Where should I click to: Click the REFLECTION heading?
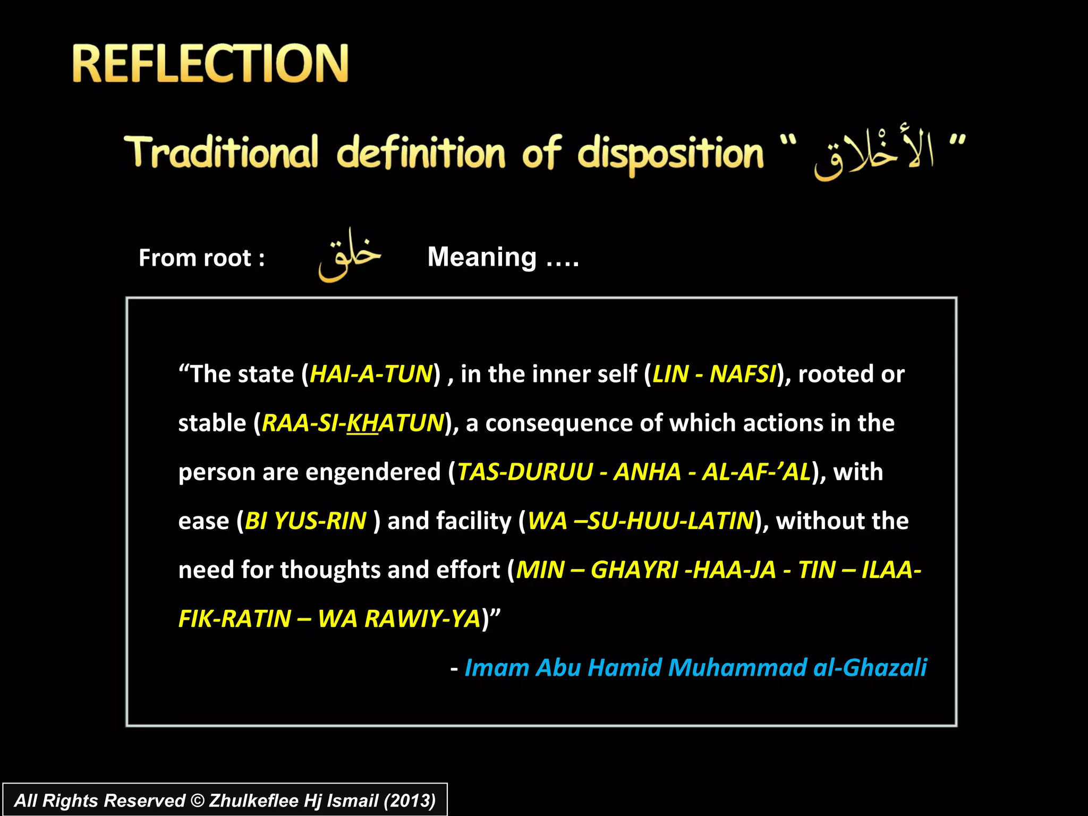point(210,64)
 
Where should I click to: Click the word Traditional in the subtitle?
point(221,152)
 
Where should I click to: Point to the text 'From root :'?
point(201,258)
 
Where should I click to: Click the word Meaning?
point(482,257)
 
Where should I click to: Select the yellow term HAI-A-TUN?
point(371,374)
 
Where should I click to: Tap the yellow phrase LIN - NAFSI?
point(715,374)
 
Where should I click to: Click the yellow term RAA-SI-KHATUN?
point(353,423)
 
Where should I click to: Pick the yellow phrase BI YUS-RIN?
point(305,521)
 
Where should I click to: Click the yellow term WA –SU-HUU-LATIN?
point(641,521)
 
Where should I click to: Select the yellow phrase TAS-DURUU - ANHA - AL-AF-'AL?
point(634,472)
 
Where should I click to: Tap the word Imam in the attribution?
point(497,668)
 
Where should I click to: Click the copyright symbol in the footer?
point(197,801)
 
